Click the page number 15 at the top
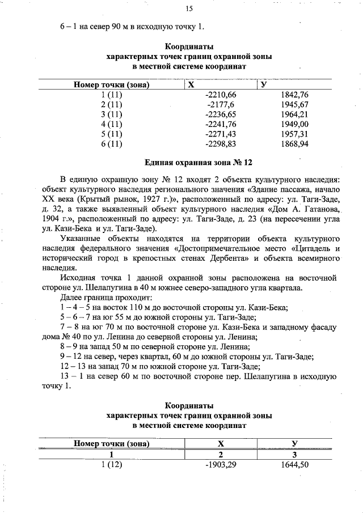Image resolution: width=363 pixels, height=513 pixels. (x=189, y=8)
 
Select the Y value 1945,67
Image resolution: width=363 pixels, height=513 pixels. (x=294, y=105)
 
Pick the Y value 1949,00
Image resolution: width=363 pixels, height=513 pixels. (x=294, y=125)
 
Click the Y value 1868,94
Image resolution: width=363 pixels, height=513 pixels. (x=294, y=145)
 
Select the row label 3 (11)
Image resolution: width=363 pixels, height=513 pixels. (x=111, y=115)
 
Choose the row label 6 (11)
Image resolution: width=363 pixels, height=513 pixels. (x=111, y=145)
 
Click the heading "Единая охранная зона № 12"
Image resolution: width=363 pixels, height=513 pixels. (x=189, y=163)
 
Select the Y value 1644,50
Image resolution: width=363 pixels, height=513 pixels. (x=294, y=465)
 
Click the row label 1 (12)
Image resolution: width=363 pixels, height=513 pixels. (x=111, y=465)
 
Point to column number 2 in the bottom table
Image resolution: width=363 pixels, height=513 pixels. (x=221, y=455)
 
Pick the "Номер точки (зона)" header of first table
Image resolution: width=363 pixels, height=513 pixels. (x=111, y=84)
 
